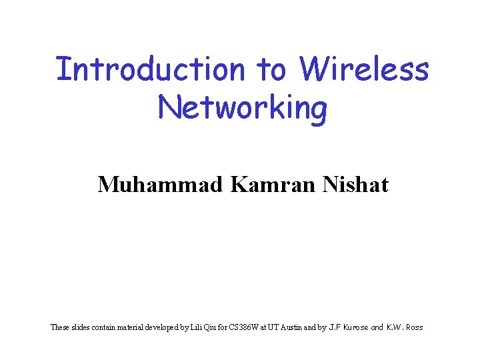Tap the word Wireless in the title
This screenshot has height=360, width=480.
tap(364, 69)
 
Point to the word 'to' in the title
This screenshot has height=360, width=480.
tap(271, 69)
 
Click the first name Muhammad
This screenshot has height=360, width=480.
tap(160, 184)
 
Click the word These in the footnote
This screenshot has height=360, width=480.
tap(59, 327)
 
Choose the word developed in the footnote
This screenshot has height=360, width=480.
tap(163, 327)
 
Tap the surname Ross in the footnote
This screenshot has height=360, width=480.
tap(413, 327)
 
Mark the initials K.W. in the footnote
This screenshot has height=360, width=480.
tap(393, 327)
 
